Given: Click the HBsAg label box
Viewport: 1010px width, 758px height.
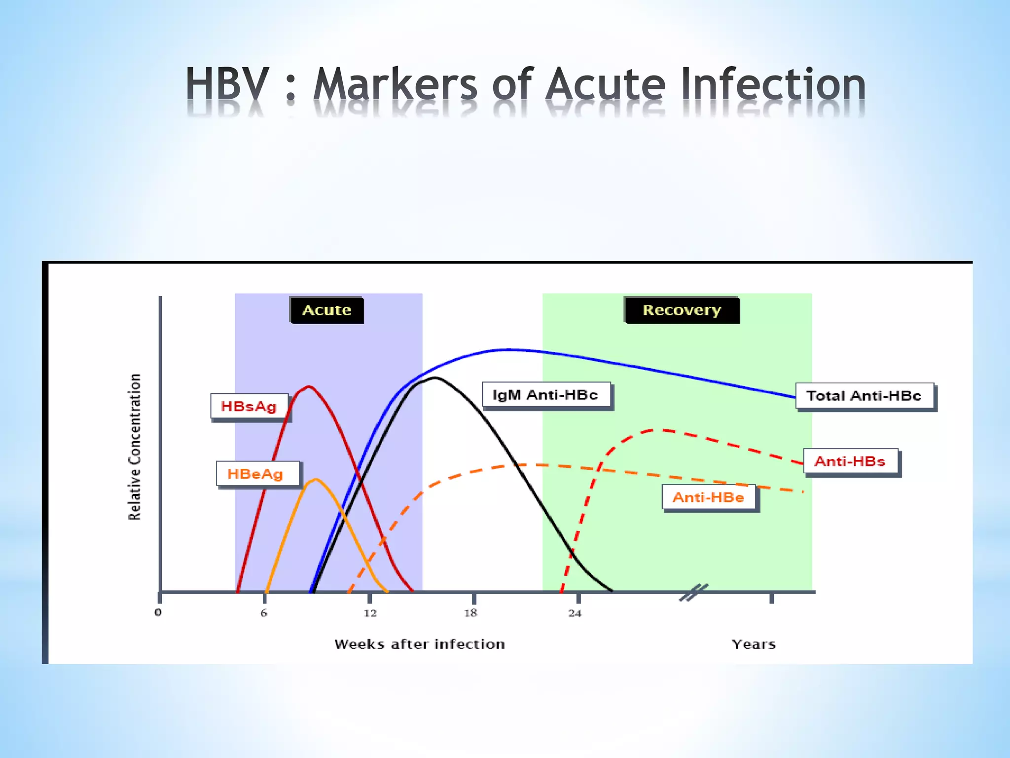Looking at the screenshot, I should coord(249,407).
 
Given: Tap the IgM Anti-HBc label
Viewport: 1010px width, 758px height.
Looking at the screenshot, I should coord(546,395).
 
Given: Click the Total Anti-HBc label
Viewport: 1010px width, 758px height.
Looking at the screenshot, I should coord(864,396).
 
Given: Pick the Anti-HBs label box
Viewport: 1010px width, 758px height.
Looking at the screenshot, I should coord(850,461).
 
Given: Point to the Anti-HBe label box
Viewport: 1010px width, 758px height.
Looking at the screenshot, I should coord(708,497).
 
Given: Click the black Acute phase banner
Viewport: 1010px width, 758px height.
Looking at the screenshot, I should coord(326,310).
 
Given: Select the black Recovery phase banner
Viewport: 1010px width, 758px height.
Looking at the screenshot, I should coord(682,310).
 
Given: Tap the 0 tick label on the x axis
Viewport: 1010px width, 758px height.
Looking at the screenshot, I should coord(158,612).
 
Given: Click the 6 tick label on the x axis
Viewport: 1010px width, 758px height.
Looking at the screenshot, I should coord(264,613).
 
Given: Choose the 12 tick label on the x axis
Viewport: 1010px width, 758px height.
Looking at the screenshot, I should coord(370,613).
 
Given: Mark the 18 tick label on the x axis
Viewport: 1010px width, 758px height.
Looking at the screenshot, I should coord(471,613).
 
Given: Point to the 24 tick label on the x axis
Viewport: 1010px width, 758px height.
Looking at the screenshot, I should coord(575,613).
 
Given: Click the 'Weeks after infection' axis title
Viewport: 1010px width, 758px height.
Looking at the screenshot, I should coord(419,644).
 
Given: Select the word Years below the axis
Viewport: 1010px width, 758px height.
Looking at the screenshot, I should coord(754,644).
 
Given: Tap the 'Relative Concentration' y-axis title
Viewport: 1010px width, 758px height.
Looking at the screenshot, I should coord(135,447).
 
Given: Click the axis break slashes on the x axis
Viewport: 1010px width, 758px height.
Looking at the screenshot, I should coord(693,592).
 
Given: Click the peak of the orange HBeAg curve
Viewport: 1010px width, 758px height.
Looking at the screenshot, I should coord(316,479).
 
